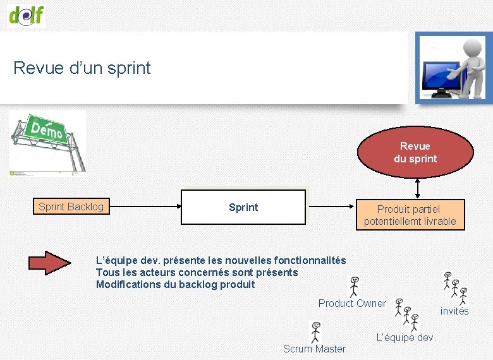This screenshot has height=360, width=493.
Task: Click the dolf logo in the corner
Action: tap(27, 15)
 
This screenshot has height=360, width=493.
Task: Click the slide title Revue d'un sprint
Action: tap(82, 68)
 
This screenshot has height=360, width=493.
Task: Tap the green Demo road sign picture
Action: tap(47, 141)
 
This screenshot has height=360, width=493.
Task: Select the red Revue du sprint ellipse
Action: tap(415, 153)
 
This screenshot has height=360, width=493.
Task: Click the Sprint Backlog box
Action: tap(71, 207)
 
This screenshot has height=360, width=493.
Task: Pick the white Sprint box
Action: tap(243, 207)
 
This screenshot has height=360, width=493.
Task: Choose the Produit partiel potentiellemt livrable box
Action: tap(410, 215)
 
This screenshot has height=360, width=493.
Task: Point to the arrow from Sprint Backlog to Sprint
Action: tap(145, 207)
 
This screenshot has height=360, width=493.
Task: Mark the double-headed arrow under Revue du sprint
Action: tap(417, 188)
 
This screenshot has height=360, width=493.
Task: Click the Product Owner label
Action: tap(352, 303)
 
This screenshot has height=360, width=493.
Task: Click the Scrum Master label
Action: tap(314, 349)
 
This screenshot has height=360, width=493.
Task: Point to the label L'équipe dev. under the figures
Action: tap(406, 337)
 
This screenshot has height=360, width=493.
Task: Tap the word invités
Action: tap(454, 311)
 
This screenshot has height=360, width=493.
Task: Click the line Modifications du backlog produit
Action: tap(175, 284)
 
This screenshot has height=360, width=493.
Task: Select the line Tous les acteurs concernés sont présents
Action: tap(197, 272)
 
